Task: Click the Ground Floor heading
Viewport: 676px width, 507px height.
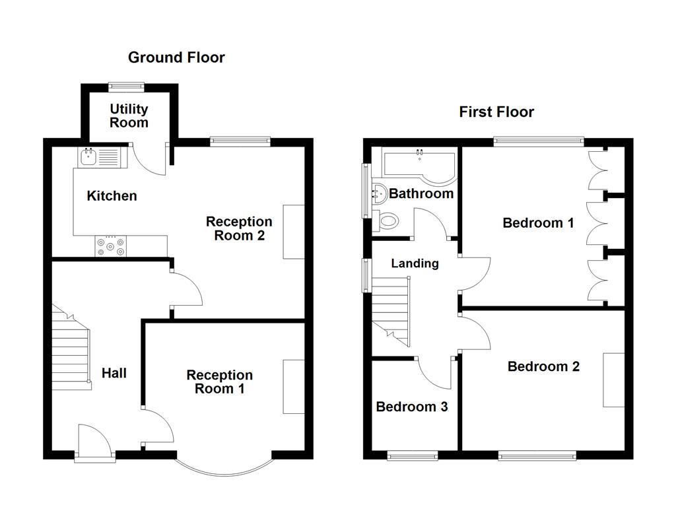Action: (176, 57)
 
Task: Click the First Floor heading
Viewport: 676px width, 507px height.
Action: (496, 112)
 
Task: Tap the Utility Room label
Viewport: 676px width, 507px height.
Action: (129, 116)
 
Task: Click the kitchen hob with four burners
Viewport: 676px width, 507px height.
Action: (111, 246)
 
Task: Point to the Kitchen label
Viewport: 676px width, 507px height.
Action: (112, 195)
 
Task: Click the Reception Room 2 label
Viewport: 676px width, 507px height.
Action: (239, 228)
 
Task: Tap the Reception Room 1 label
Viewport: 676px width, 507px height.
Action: (219, 382)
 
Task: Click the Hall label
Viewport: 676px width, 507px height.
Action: (114, 373)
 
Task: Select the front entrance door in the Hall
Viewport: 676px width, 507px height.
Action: (95, 443)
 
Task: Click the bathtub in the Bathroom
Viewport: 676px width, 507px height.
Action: (419, 166)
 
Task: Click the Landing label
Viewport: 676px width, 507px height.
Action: (415, 263)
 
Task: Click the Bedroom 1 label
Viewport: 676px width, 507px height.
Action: (539, 223)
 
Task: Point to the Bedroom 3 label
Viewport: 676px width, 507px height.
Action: (412, 407)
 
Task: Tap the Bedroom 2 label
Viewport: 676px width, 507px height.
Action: (543, 366)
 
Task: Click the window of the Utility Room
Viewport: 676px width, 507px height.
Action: (126, 86)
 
